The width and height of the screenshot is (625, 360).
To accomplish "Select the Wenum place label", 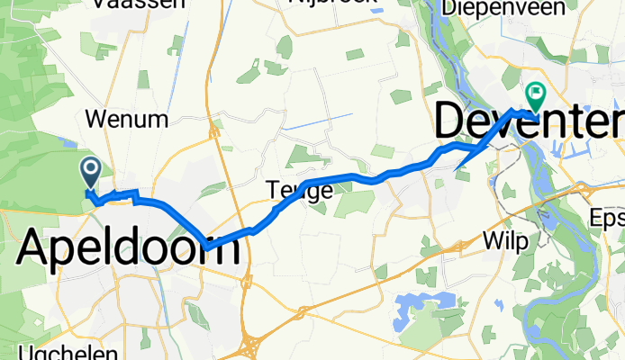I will click(x=126, y=119).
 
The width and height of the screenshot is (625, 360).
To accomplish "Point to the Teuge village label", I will click(x=299, y=190).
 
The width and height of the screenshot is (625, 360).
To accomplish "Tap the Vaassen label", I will click(x=144, y=4).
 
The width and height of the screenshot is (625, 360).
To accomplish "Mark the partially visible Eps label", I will click(x=605, y=218).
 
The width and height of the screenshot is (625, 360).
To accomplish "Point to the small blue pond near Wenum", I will click(x=70, y=140).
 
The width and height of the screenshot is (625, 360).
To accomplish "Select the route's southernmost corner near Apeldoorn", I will click(x=206, y=247).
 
